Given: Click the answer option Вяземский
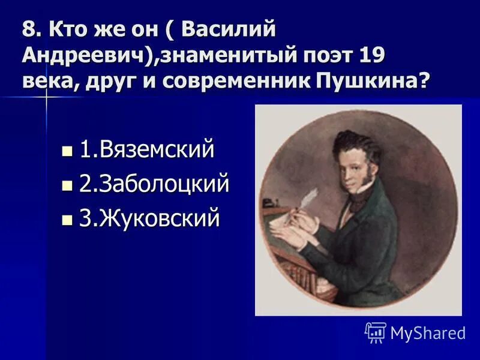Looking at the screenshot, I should [146, 150].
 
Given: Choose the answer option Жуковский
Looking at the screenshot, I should [149, 219].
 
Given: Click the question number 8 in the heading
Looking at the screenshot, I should [28, 28].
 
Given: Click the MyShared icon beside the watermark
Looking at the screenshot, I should [375, 332].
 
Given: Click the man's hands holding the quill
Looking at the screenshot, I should [300, 225].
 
